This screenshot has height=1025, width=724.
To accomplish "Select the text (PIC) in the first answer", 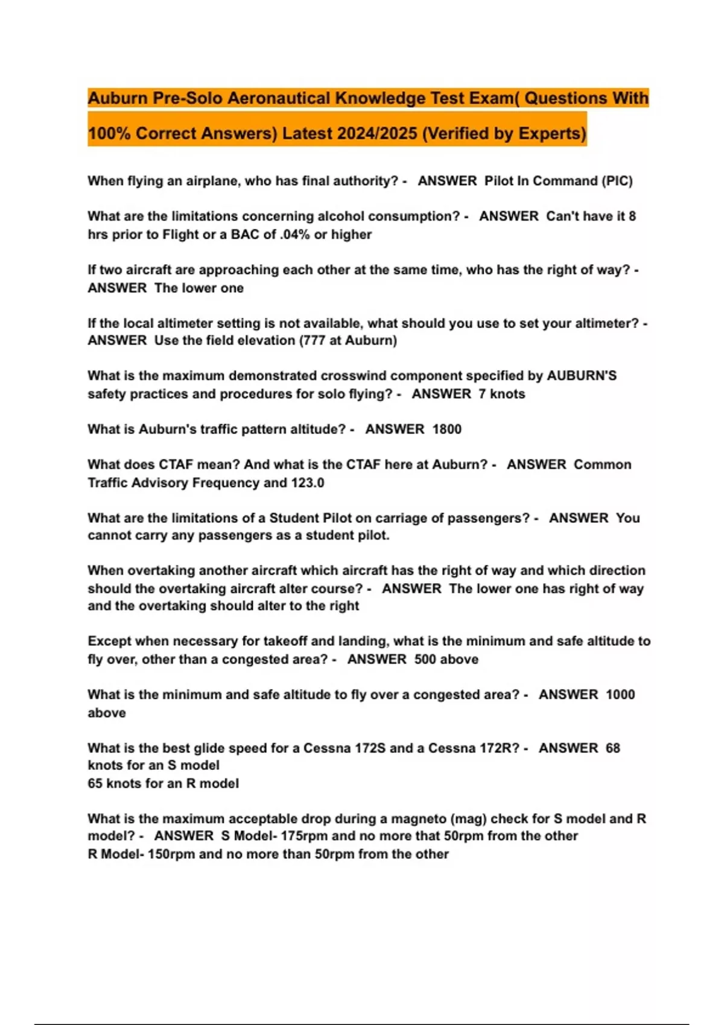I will tap(617, 181).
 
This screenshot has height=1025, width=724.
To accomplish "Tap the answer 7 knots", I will tap(502, 394).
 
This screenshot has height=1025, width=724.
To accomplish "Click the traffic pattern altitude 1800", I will tap(447, 429).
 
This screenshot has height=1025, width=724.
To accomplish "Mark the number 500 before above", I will tap(425, 660).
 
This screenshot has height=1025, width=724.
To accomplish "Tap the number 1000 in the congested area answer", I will tap(620, 695).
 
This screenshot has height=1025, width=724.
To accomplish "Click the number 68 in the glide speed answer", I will tap(613, 748).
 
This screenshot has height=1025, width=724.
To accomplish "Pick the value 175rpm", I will tap(305, 836).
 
